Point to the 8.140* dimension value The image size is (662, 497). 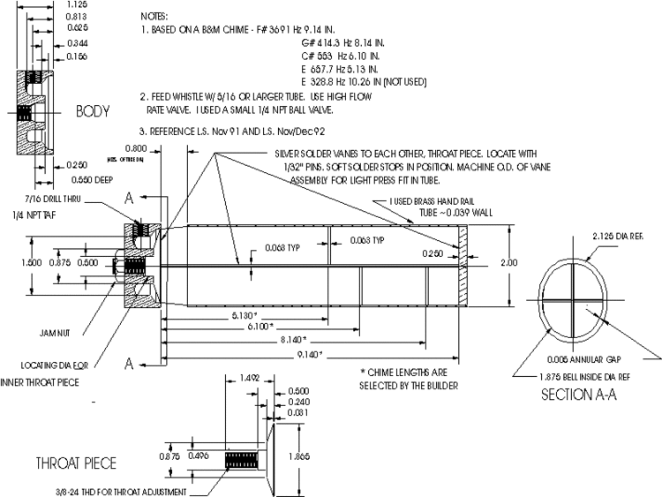pyautogui.click(x=292, y=340)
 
